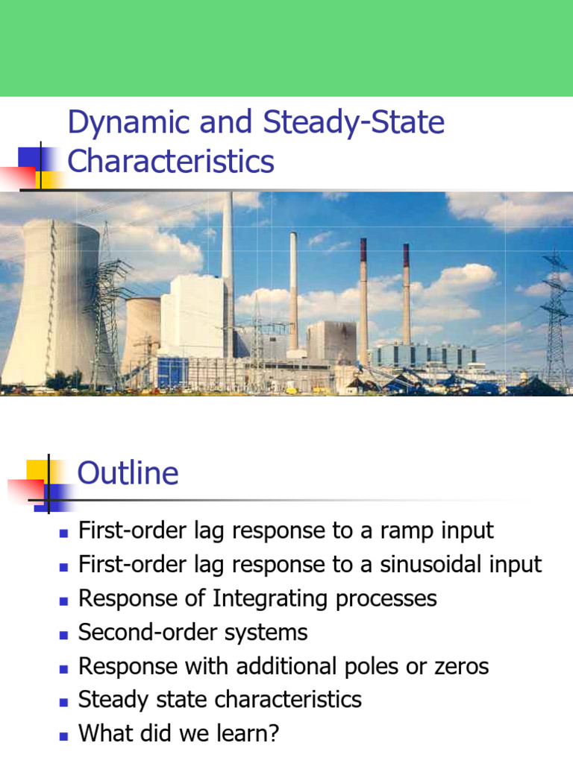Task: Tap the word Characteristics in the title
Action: pos(171,161)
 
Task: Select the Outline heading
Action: pos(128,473)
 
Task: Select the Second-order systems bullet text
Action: pos(193,633)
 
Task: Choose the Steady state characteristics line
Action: pos(220,700)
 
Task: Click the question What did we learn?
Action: pos(179,734)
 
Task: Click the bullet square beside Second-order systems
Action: pos(63,634)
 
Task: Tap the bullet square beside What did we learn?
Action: pos(63,735)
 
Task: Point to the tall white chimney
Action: pos(227,246)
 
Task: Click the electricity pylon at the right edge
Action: pos(554,313)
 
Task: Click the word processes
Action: pos(388,598)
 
